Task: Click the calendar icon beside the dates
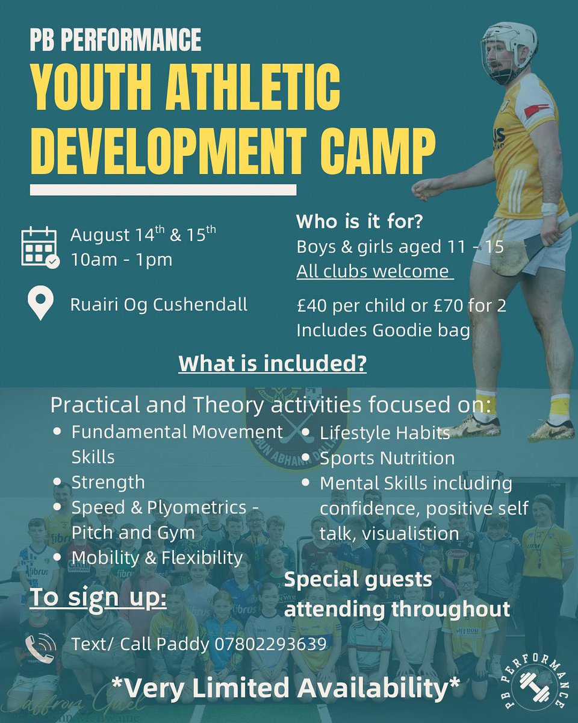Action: tap(39, 247)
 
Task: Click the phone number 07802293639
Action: tap(270, 644)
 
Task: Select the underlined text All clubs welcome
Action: tap(373, 271)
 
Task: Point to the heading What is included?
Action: tap(273, 365)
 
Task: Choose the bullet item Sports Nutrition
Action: tap(387, 458)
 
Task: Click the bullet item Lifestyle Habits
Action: tap(385, 433)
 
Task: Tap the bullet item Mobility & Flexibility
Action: tap(157, 558)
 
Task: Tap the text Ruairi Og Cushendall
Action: tap(159, 304)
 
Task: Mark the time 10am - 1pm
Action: tap(121, 260)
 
